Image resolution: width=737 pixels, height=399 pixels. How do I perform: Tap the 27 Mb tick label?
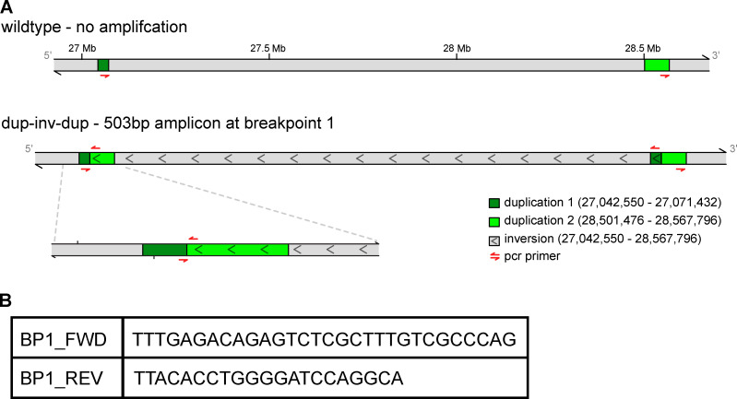[x=82, y=48]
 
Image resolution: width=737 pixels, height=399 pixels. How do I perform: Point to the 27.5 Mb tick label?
[x=269, y=48]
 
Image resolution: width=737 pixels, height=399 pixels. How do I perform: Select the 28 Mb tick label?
[x=457, y=48]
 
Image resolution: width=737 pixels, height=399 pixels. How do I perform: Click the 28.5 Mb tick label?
[x=644, y=48]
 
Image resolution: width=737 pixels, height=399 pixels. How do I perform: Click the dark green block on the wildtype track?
[x=103, y=65]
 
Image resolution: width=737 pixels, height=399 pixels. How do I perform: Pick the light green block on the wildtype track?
[x=657, y=65]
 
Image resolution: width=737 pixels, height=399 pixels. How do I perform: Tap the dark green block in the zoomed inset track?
[x=164, y=249]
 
